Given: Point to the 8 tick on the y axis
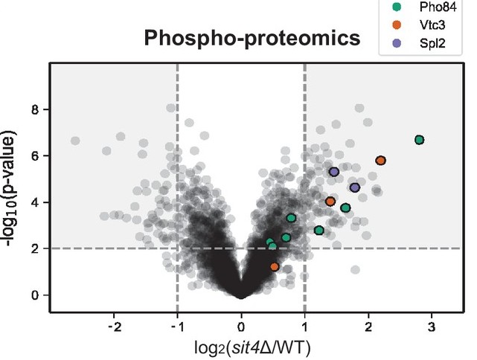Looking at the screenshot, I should click(x=35, y=110).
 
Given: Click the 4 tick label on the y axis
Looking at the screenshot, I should click(x=35, y=202).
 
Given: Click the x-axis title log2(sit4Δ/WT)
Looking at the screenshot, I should click(x=241, y=347).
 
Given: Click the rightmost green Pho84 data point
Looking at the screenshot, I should click(x=420, y=140).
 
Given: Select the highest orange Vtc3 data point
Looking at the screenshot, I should click(x=380, y=161).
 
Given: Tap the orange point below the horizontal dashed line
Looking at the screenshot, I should click(x=275, y=266).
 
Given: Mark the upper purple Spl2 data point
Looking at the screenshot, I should click(x=334, y=172).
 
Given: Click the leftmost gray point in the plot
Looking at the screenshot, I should click(x=75, y=141).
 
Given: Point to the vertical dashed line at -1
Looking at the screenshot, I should click(x=177, y=186).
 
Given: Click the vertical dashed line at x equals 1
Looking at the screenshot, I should click(x=305, y=186).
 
